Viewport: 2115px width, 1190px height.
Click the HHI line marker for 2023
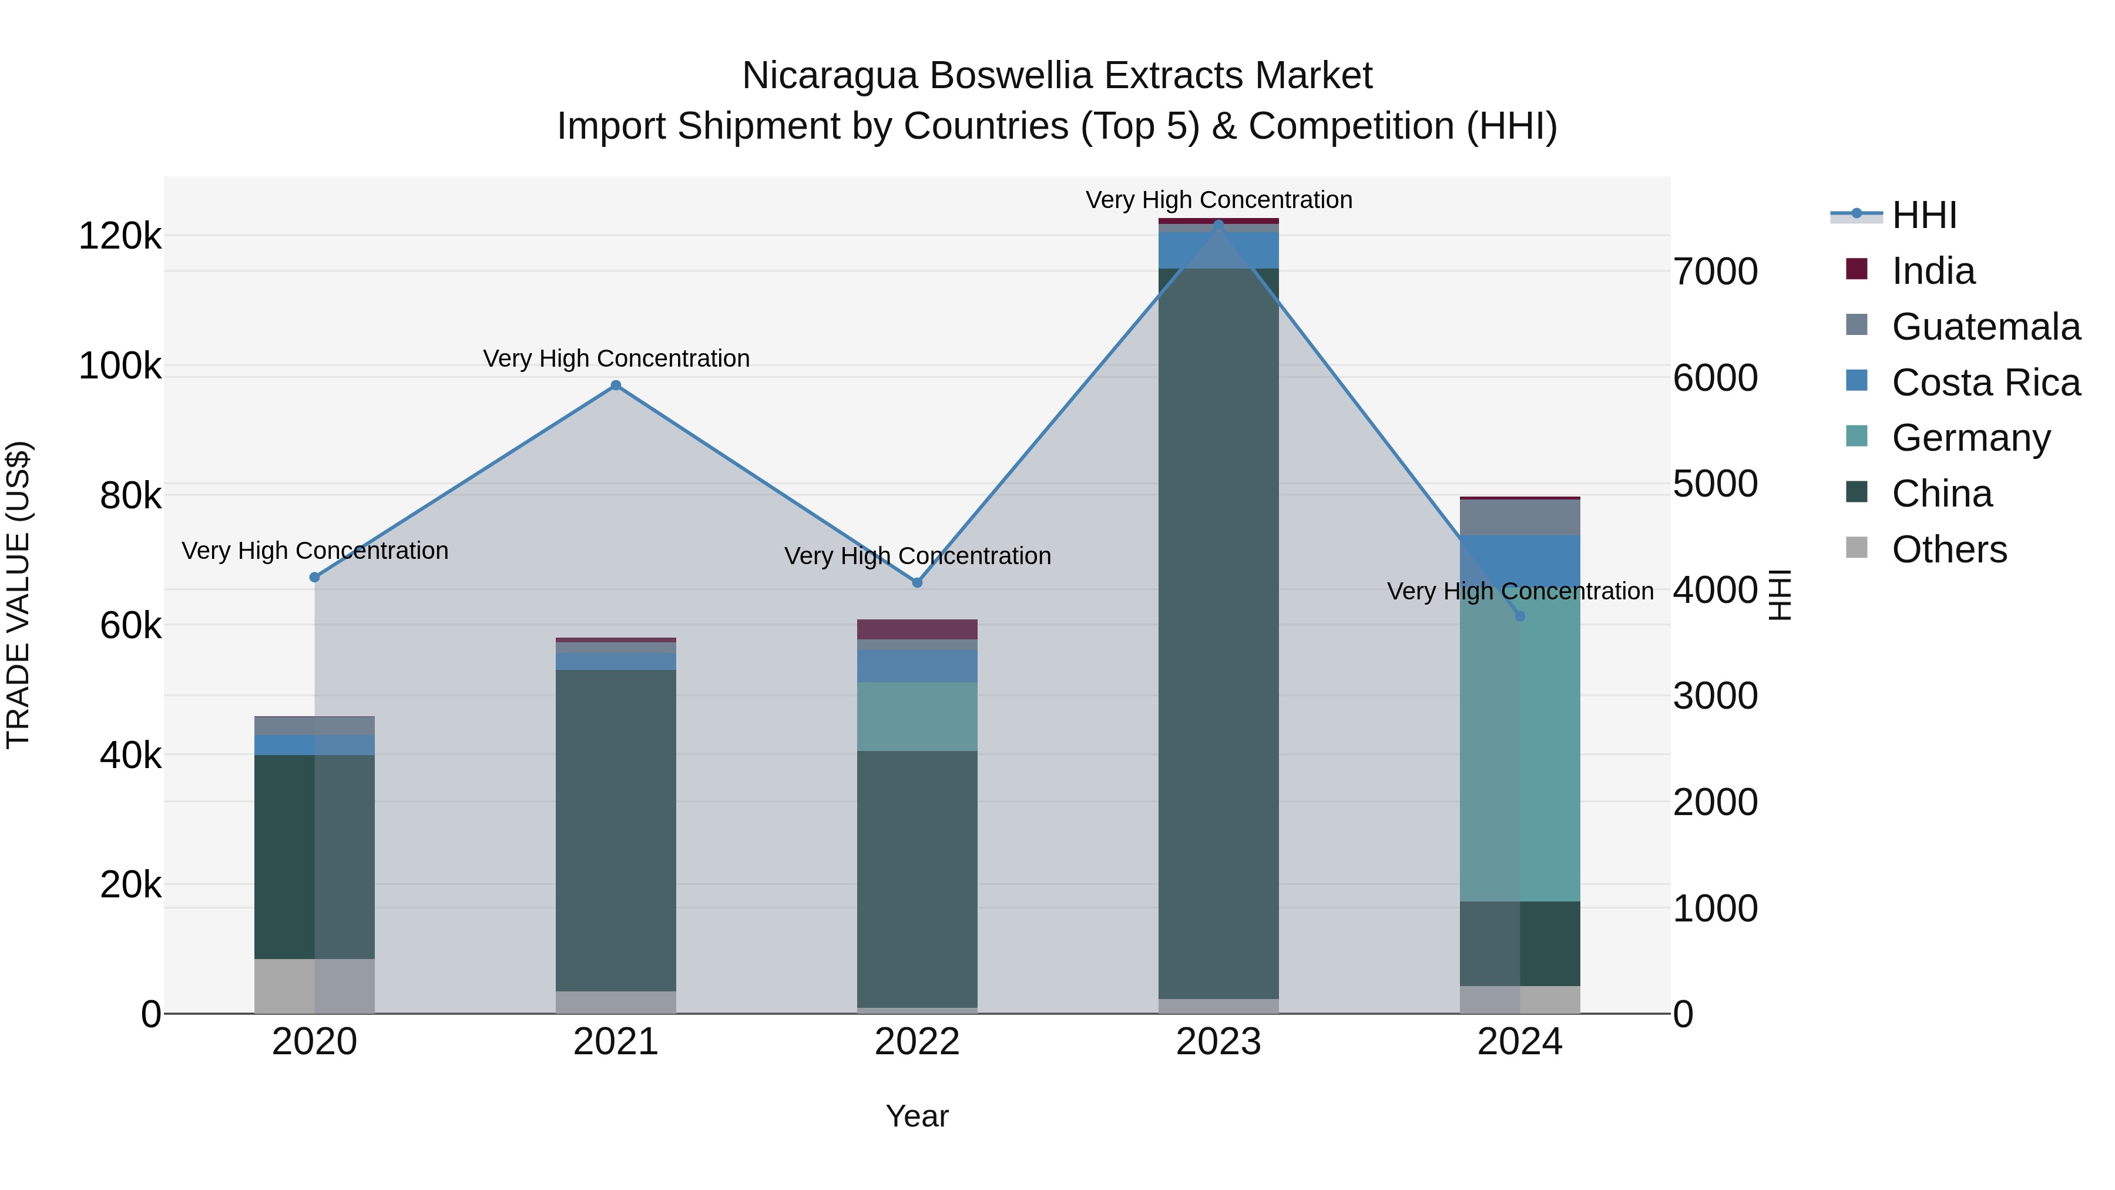[1218, 224]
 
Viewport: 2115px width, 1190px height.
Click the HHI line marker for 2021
[616, 385]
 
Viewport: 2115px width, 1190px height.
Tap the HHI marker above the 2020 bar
[314, 577]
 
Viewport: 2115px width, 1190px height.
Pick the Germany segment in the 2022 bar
[917, 716]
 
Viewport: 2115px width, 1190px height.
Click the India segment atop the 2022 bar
[917, 629]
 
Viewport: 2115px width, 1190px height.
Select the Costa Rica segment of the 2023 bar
[1218, 250]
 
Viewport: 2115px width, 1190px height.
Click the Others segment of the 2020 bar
[314, 985]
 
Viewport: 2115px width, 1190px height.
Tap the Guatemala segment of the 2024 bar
[1520, 517]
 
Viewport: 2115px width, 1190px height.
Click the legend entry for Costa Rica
[1985, 383]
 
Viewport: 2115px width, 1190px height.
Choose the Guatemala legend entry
[1985, 327]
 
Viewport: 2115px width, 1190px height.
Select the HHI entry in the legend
[1923, 215]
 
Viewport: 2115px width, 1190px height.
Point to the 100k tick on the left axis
[120, 366]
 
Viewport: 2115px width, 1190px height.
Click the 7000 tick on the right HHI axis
[1716, 272]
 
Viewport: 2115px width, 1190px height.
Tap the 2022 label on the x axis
[917, 1042]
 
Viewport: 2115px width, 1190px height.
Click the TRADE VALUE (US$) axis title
[18, 595]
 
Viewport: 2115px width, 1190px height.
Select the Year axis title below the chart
[917, 1116]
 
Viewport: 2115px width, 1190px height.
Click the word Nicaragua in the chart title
[829, 76]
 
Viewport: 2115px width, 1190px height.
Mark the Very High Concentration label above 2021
[616, 359]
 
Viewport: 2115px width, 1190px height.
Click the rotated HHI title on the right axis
[1778, 595]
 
